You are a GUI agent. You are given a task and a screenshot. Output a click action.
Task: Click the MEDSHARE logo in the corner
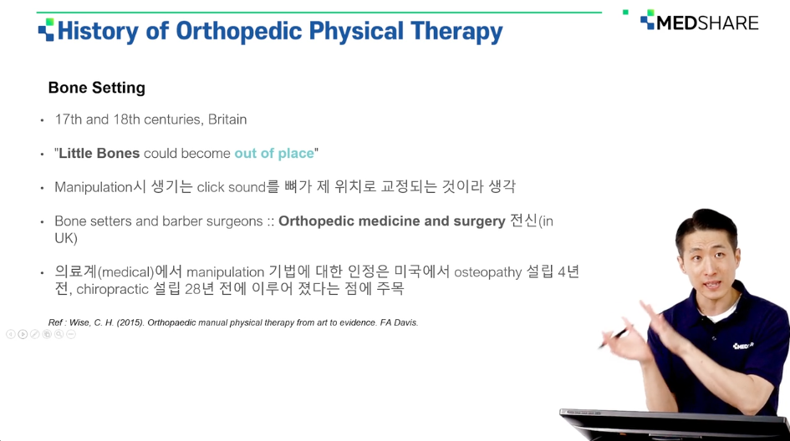(x=700, y=21)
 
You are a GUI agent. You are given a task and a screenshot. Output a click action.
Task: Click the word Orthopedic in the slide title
(x=238, y=31)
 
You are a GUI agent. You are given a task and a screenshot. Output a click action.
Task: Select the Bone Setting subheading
(x=97, y=88)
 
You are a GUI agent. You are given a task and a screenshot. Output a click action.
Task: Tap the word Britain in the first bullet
(x=227, y=119)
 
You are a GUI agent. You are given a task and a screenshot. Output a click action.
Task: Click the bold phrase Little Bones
(x=99, y=153)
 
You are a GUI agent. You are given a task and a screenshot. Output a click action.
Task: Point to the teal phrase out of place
(x=274, y=153)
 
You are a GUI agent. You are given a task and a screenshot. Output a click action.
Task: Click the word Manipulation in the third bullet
(x=93, y=187)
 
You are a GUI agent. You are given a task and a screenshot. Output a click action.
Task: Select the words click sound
(x=231, y=187)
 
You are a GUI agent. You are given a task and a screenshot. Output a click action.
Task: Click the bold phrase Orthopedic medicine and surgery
(x=391, y=221)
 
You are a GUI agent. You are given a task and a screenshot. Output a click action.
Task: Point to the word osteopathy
(x=487, y=272)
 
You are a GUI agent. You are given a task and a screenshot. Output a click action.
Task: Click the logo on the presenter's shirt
(x=743, y=346)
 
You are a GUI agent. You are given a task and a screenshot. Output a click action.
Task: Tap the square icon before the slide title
(x=46, y=30)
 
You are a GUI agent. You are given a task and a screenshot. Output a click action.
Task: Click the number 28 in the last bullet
(x=193, y=290)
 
